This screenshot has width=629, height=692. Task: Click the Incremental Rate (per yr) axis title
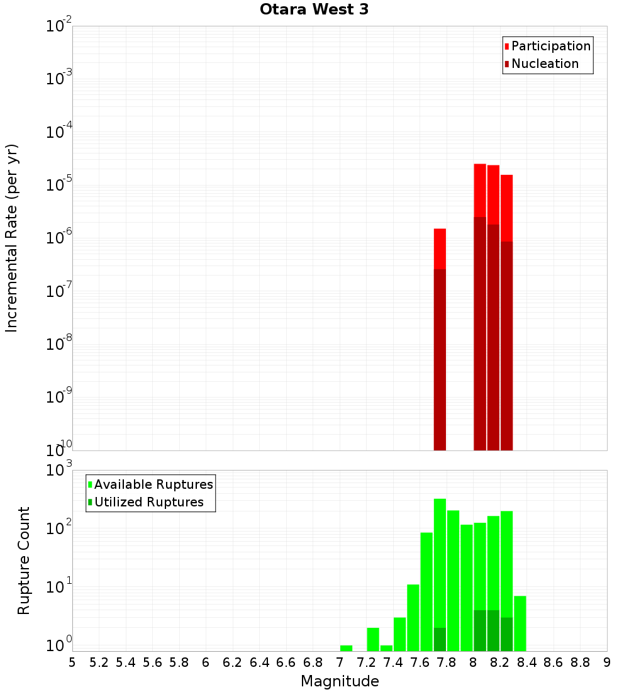click(12, 238)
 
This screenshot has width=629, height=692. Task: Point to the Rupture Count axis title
click(24, 561)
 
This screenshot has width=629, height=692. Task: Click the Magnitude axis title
click(340, 681)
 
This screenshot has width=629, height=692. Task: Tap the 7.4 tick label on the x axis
click(393, 662)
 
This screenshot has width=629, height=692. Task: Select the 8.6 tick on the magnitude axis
click(554, 662)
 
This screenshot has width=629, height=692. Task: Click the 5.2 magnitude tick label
click(99, 662)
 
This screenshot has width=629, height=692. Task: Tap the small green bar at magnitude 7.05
click(346, 648)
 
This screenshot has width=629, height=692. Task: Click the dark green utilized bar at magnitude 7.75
click(440, 639)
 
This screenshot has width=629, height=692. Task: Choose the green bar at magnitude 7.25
click(373, 639)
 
